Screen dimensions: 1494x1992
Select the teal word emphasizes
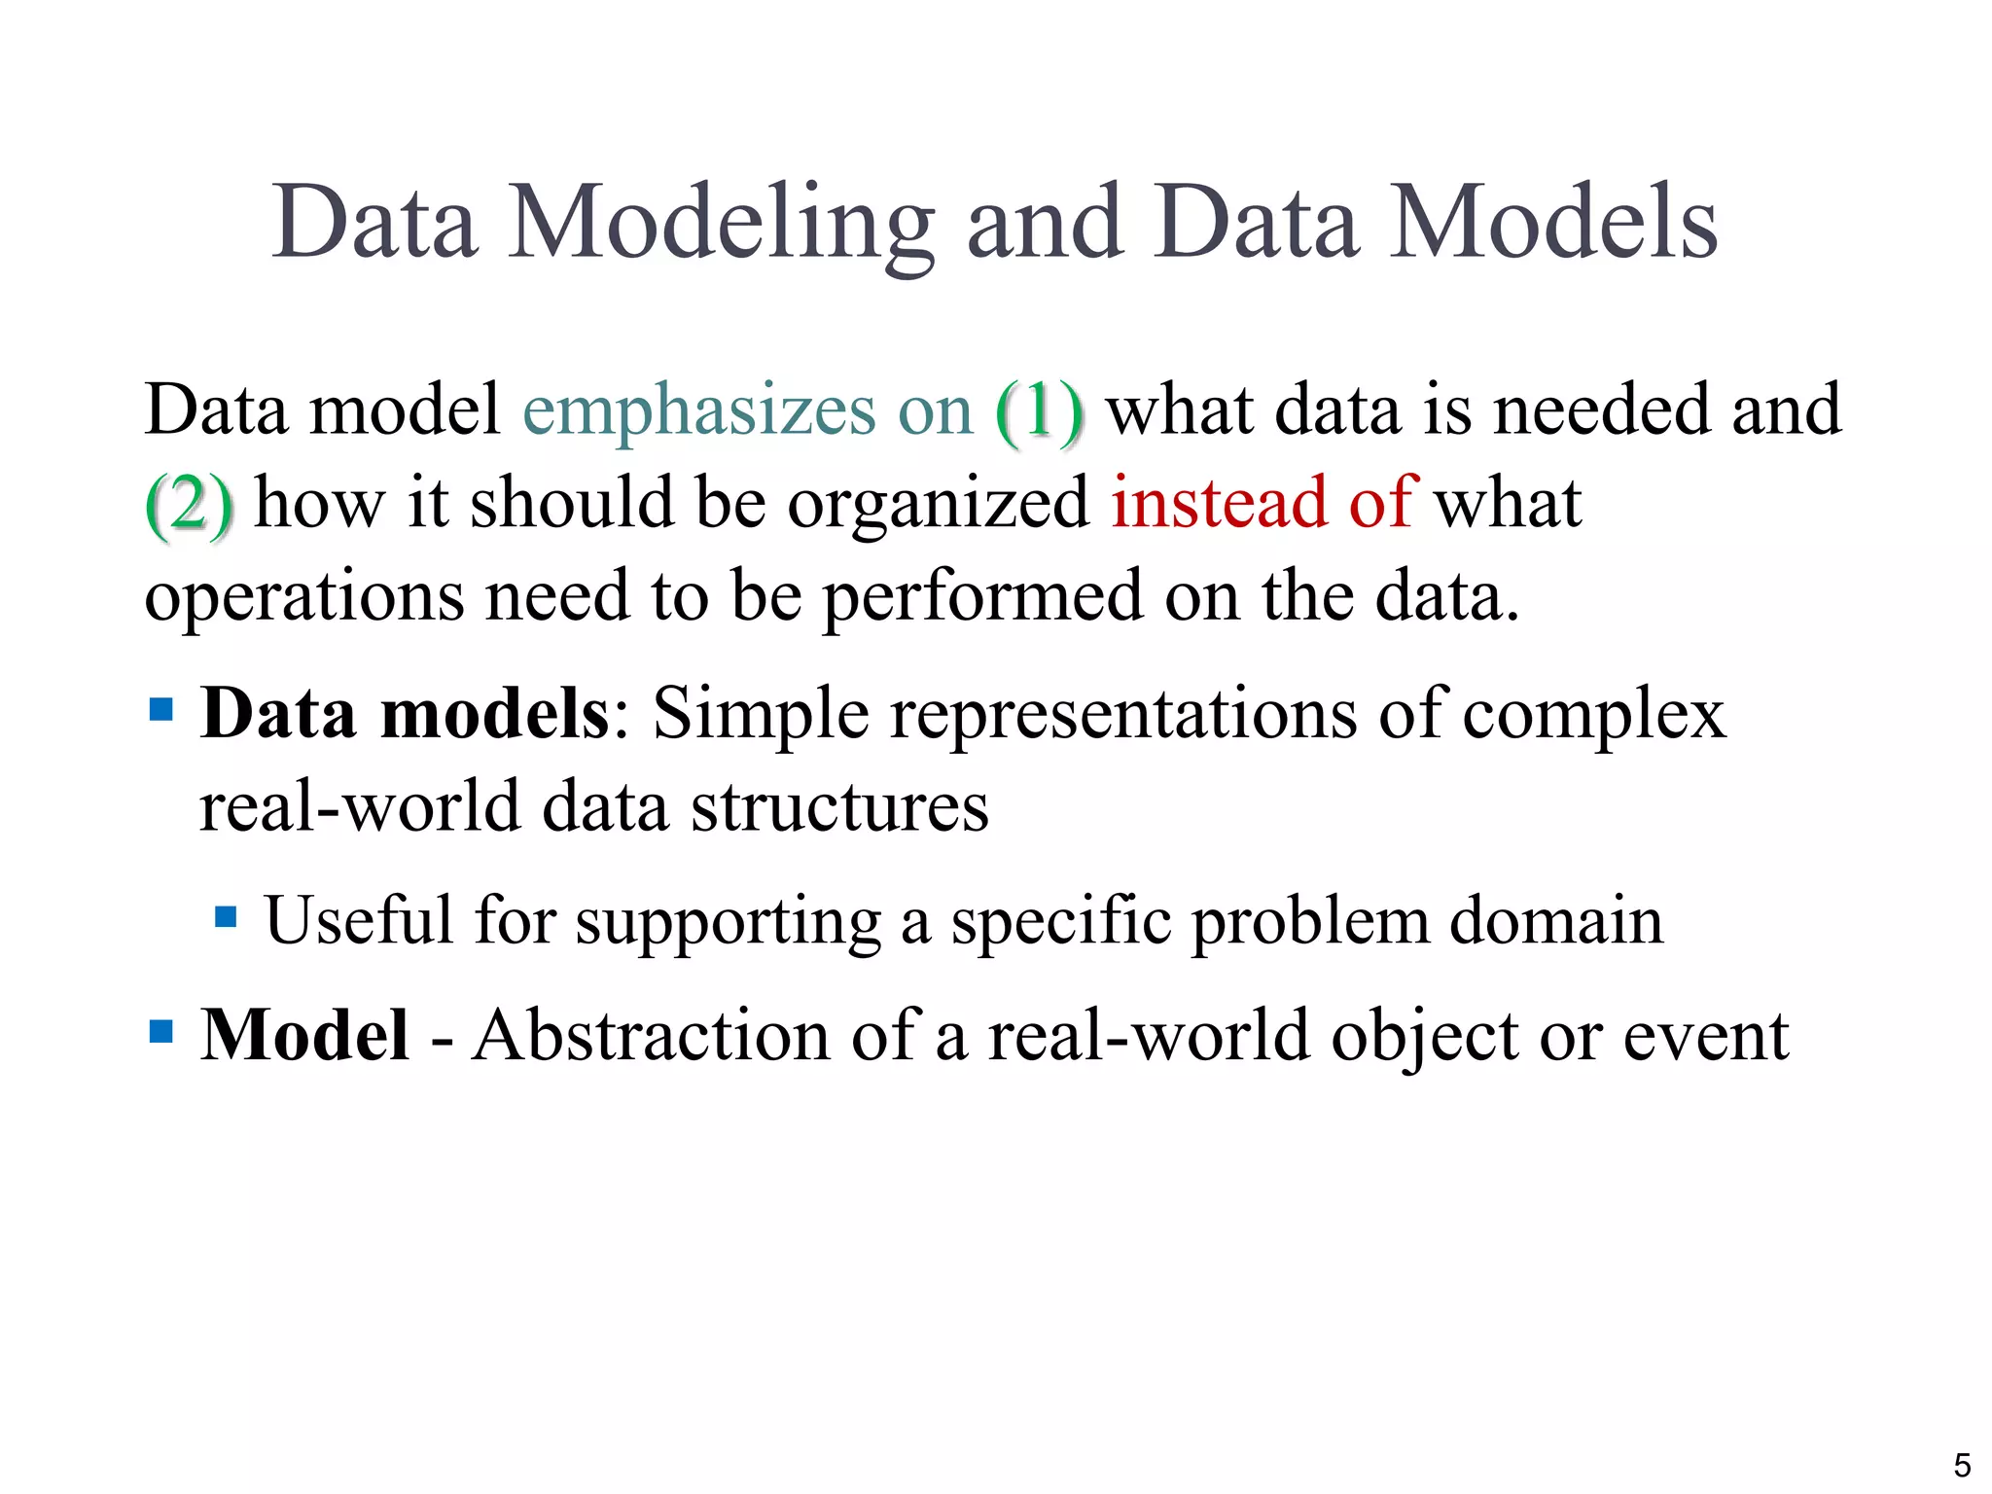(698, 410)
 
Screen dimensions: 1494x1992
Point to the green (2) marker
(189, 504)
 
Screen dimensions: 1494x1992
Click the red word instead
(1219, 503)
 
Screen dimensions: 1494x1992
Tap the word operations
(303, 596)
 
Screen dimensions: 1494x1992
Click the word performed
(982, 596)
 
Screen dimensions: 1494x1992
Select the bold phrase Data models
(405, 714)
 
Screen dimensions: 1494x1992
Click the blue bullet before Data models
(161, 709)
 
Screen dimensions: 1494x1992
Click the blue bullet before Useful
(226, 917)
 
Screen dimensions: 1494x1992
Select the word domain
(1556, 920)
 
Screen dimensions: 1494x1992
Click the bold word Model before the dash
(304, 1035)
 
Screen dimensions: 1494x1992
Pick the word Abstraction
(650, 1035)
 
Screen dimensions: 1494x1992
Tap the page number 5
(1962, 1465)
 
